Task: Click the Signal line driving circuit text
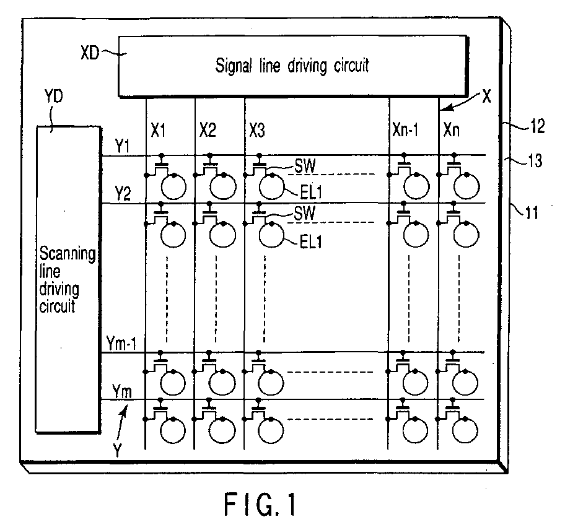pos(292,66)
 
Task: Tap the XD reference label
pos(90,53)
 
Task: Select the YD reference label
pos(53,97)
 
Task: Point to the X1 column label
pos(158,131)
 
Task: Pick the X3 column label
pos(257,131)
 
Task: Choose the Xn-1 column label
pos(405,129)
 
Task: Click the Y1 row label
pos(123,146)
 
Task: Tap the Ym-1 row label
pos(121,344)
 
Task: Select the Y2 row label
pos(123,194)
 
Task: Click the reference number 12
pos(537,126)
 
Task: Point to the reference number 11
pos(532,213)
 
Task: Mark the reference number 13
pos(535,160)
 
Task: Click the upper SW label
pos(305,166)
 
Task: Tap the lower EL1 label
pos(310,242)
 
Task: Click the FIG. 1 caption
pos(260,505)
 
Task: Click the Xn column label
pos(451,130)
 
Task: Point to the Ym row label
pos(122,391)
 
